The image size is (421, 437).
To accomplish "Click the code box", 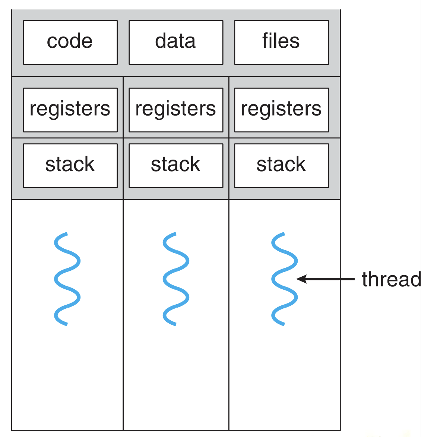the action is (70, 43).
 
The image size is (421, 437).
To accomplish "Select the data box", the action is (176, 43).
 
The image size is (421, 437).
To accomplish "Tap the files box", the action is (282, 43).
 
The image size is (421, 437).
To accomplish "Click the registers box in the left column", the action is (70, 110).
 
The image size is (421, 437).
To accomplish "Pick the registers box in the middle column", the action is (176, 110).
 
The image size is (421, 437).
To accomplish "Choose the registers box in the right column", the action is (282, 110).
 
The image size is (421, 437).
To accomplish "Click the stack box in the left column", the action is (70, 166).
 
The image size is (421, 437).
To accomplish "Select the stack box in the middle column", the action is (176, 166).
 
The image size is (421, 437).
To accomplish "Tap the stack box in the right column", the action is (282, 166).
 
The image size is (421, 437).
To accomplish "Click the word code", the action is (70, 41).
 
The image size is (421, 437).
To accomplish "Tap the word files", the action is (281, 41).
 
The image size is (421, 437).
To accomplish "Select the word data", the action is (175, 41).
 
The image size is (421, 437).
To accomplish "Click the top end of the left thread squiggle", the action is (67, 233).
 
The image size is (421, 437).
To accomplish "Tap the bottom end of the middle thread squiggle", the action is (176, 324).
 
